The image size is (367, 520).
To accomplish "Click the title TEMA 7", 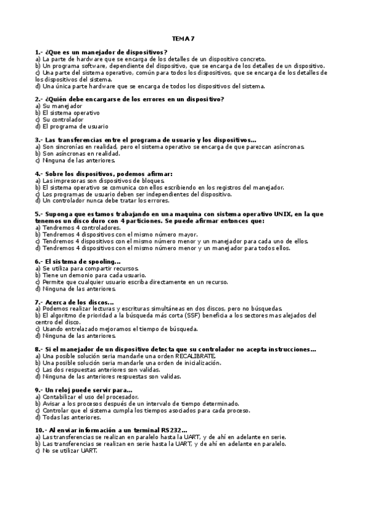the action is (183, 39).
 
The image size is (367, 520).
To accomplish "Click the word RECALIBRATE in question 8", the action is (195, 356).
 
